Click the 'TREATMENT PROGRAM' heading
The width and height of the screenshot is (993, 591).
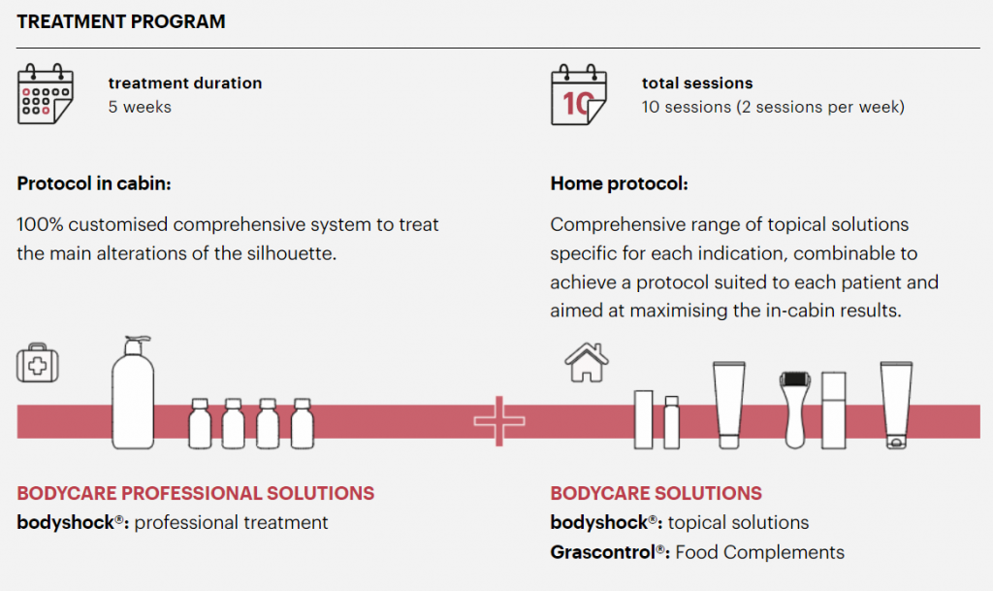pyautogui.click(x=121, y=21)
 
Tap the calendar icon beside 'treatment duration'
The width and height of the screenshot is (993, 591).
pyautogui.click(x=46, y=94)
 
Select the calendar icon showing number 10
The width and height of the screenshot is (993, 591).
pyautogui.click(x=579, y=94)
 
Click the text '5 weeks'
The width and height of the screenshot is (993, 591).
pyautogui.click(x=140, y=107)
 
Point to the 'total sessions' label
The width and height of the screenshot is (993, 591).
pyautogui.click(x=697, y=83)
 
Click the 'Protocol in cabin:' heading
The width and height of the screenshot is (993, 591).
pyautogui.click(x=94, y=183)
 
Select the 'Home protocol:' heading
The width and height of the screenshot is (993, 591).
pyautogui.click(x=619, y=183)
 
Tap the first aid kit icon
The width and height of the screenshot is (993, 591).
pyautogui.click(x=38, y=363)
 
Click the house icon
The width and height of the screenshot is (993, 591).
pyautogui.click(x=587, y=362)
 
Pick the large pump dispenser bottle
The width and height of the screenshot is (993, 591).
pyautogui.click(x=133, y=393)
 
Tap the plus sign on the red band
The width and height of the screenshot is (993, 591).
pyautogui.click(x=499, y=420)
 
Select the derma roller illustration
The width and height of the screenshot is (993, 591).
pyautogui.click(x=794, y=410)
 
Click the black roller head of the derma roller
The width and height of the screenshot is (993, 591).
pyautogui.click(x=795, y=378)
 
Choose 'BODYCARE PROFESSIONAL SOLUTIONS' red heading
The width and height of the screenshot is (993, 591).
pyautogui.click(x=196, y=493)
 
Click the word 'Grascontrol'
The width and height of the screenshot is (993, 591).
pyautogui.click(x=602, y=552)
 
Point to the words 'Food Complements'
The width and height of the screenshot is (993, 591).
pyautogui.click(x=760, y=552)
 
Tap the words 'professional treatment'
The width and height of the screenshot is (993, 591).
pyautogui.click(x=231, y=523)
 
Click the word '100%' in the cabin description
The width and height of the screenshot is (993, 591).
pyautogui.click(x=39, y=225)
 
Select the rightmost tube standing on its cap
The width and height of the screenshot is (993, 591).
pyautogui.click(x=896, y=405)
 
